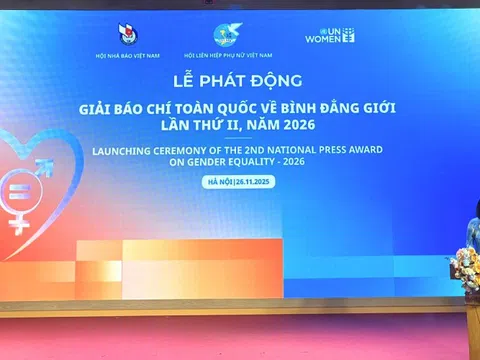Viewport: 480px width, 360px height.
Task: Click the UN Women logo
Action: [330, 36]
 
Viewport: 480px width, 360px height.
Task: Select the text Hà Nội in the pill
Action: [217, 181]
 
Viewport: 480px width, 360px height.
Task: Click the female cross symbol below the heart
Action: [18, 222]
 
